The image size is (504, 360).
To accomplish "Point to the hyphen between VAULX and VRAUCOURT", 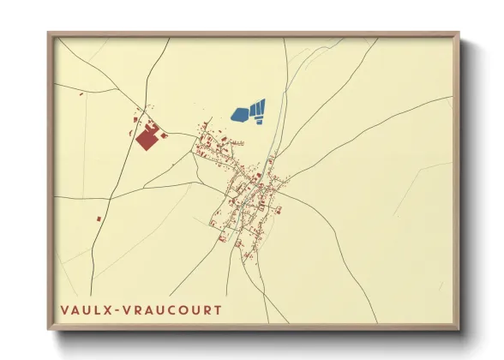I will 116,309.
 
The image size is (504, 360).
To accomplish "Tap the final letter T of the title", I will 217,309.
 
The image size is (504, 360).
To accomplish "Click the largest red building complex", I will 147,137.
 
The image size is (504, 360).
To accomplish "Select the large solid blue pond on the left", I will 240,113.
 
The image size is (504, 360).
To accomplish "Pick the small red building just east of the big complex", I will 164,135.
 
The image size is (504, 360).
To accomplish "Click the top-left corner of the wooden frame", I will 49,33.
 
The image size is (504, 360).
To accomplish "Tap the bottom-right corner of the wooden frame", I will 458,328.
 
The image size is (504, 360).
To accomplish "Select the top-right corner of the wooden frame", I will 458,33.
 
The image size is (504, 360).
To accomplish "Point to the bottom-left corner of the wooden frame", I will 49,328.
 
